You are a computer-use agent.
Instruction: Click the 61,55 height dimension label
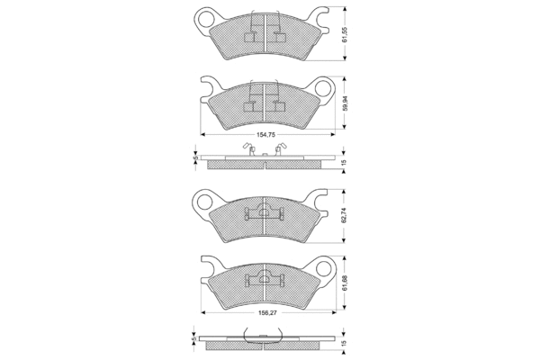pyautogui.click(x=345, y=35)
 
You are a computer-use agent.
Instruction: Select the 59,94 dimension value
pyautogui.click(x=345, y=103)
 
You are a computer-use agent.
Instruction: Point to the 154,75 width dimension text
pyautogui.click(x=265, y=135)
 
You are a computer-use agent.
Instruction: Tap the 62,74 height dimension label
pyautogui.click(x=345, y=216)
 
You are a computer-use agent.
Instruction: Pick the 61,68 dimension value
pyautogui.click(x=345, y=283)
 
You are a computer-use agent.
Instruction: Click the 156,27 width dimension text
pyautogui.click(x=267, y=313)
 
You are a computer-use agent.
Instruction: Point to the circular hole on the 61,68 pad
pyautogui.click(x=324, y=267)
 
